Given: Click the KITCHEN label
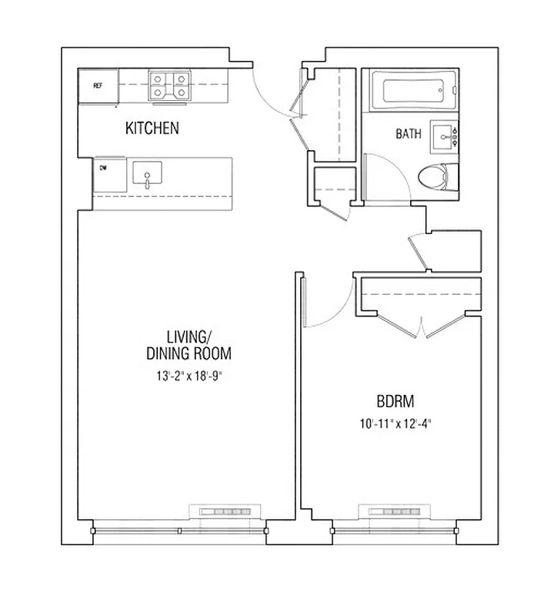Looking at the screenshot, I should (152, 129).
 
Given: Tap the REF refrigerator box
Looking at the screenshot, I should (98, 85).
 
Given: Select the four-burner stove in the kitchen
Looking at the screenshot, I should (169, 85).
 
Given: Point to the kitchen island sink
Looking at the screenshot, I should (146, 176).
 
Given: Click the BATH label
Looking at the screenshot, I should (409, 134).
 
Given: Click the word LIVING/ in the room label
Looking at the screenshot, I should (189, 336).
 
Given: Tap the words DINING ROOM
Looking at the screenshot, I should (189, 354).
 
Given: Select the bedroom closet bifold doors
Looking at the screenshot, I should (422, 327).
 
